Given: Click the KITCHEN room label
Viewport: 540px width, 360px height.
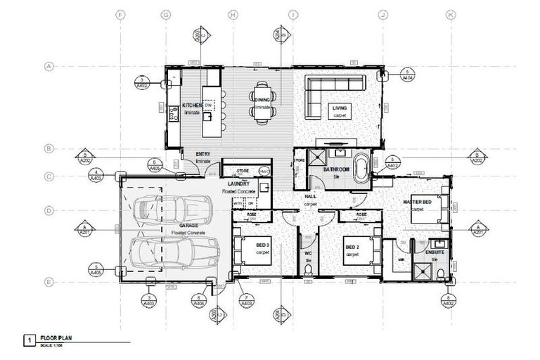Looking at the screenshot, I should (192, 105).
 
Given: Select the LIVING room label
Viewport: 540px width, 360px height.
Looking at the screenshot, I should (340, 108).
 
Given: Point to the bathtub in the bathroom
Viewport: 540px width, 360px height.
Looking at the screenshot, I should (361, 169).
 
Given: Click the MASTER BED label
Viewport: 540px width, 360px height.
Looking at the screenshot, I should (418, 202).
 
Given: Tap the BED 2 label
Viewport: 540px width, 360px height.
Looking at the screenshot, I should (352, 247).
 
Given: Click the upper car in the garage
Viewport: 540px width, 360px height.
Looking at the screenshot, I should (172, 208).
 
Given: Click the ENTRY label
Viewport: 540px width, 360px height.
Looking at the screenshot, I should (193, 154).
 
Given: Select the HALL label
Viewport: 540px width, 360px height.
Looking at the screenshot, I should (310, 198).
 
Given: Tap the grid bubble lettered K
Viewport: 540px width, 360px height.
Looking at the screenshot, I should (450, 13).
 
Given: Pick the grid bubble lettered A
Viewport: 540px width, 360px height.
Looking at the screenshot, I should (50, 67).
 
